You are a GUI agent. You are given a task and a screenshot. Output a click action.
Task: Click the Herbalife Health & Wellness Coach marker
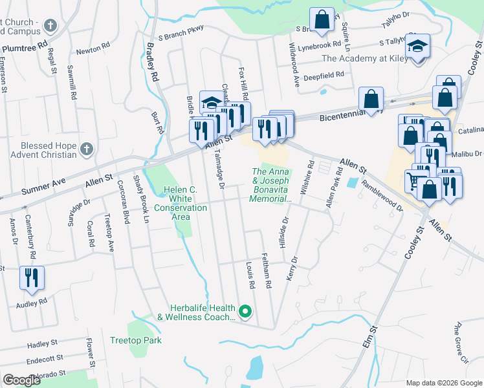pos(245,312)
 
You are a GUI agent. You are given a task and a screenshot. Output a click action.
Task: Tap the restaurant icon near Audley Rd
pos(32,278)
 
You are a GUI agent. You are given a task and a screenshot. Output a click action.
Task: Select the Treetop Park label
pos(135,340)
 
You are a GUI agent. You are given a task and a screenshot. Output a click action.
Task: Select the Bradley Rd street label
pos(153,61)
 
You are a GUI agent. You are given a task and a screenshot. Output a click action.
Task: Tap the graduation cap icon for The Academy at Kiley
pos(418,46)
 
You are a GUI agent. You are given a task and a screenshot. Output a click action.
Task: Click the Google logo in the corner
pos(21,380)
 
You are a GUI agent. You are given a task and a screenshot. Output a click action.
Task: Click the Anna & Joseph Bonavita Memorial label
pos(271,185)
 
